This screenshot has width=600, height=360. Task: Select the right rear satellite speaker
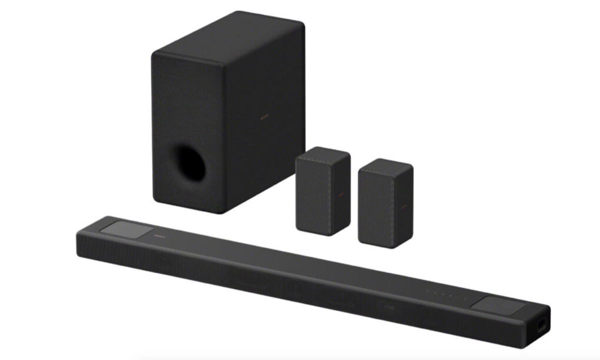pos(385,202)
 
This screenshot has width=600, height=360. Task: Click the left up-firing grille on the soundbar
pos(126,230)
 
